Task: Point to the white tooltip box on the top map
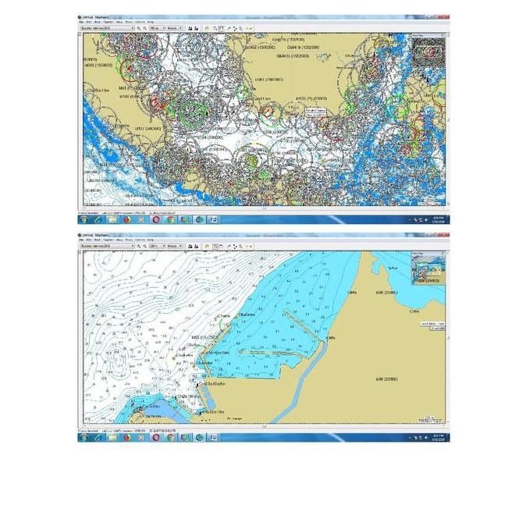pos(317,112)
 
